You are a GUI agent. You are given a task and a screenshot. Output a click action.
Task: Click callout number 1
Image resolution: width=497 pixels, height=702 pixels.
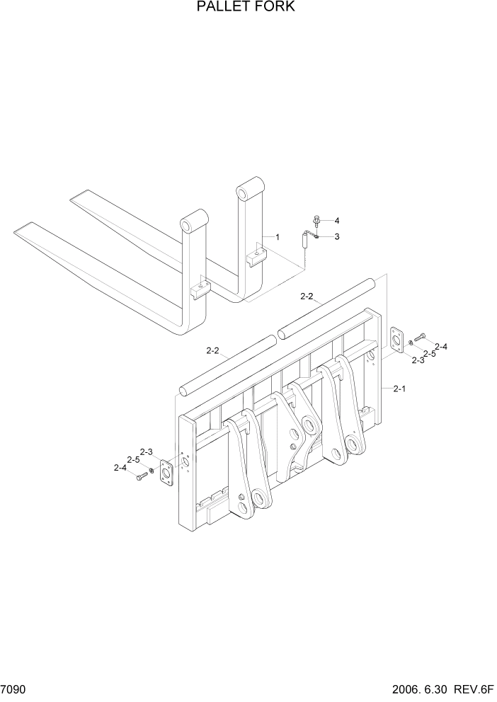click(x=278, y=236)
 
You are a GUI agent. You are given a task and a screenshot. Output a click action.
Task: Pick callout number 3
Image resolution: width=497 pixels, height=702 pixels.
click(x=336, y=236)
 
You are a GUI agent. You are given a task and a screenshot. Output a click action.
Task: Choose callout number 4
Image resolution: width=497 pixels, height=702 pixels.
click(x=336, y=220)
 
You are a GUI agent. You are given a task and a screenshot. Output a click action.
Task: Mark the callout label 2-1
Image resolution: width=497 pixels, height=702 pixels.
click(x=399, y=389)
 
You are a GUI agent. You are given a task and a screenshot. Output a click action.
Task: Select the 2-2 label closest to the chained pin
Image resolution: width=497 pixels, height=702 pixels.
click(x=307, y=297)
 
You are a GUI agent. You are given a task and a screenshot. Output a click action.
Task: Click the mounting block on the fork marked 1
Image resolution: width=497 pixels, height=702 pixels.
click(x=256, y=254)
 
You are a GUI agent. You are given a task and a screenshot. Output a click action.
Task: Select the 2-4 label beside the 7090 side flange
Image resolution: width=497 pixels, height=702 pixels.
click(x=120, y=467)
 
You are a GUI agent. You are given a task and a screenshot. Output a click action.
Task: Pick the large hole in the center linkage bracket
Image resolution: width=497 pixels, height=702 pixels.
click(x=309, y=425)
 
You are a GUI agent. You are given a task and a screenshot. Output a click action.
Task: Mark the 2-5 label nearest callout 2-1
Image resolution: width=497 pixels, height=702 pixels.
click(x=430, y=353)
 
